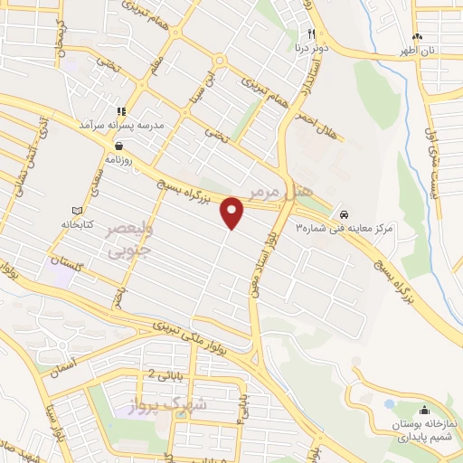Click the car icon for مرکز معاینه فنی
point(345,213)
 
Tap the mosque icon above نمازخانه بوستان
point(424,411)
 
